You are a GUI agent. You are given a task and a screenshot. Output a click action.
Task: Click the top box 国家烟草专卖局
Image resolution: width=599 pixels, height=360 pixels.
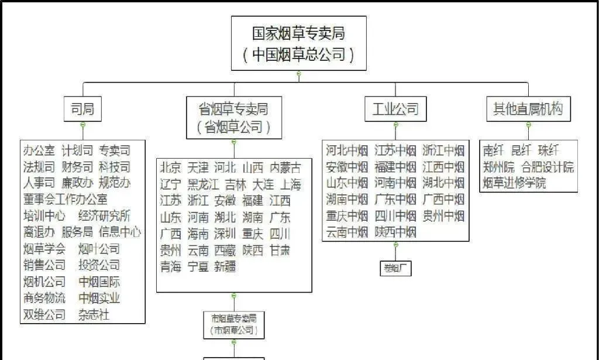coord(299,43)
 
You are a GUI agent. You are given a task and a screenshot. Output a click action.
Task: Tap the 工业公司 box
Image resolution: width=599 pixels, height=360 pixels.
coord(395,108)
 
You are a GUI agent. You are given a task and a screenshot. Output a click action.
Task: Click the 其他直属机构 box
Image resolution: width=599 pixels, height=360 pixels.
coord(528,108)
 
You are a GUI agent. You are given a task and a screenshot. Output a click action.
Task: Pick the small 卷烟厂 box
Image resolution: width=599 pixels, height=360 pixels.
coord(396,269)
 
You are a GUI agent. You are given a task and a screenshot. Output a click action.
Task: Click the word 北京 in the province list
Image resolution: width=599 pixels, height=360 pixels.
coord(170,167)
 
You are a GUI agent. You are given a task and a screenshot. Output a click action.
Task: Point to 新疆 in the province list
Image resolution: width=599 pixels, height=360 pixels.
coord(225,267)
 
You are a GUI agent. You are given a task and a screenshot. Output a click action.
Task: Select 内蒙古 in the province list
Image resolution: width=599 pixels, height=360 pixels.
coord(286,167)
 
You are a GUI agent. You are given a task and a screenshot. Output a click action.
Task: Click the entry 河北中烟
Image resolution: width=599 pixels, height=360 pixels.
coord(347,150)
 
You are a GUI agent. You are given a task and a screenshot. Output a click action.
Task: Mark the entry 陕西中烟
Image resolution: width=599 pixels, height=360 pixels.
coord(395,232)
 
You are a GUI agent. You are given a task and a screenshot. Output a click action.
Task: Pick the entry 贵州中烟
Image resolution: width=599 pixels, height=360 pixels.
coord(443,216)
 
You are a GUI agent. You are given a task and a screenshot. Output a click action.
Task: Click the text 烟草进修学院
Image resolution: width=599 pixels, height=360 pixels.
coord(514,183)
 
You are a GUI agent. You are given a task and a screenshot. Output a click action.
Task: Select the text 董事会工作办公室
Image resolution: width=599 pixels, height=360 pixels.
coord(65,199)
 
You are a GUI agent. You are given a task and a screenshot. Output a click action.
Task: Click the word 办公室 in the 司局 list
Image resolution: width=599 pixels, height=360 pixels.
coord(39,150)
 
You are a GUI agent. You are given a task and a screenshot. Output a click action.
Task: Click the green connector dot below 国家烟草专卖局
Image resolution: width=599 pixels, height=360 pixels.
coord(299,74)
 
